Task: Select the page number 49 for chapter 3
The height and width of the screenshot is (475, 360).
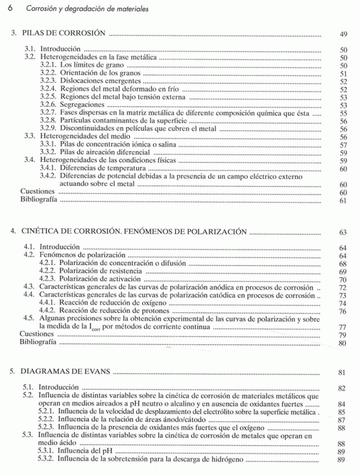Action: [x=343, y=35]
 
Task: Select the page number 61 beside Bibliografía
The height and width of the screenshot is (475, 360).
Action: [x=343, y=200]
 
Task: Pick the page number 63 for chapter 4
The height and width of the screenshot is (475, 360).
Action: [x=343, y=232]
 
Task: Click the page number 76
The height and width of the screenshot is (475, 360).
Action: [x=343, y=311]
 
